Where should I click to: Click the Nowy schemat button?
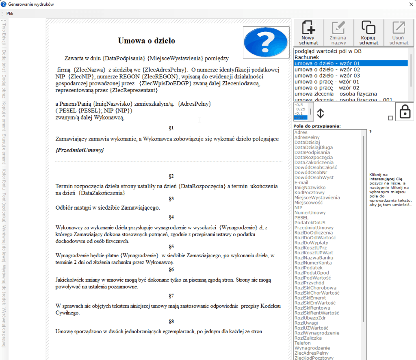[308, 33]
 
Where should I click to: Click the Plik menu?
[10, 13]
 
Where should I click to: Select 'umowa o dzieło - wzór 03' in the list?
[321, 76]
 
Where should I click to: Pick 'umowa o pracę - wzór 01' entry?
[321, 82]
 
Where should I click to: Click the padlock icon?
[405, 111]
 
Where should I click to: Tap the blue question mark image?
[260, 42]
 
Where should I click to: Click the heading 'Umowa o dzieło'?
[146, 41]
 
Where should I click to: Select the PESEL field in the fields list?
[301, 218]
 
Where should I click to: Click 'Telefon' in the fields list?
[303, 343]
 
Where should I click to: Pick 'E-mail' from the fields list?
[301, 182]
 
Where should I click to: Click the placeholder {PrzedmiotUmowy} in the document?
[80, 150]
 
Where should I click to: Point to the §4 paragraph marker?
[171, 217]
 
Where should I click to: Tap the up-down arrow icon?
[321, 113]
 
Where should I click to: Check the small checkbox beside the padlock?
[390, 118]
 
